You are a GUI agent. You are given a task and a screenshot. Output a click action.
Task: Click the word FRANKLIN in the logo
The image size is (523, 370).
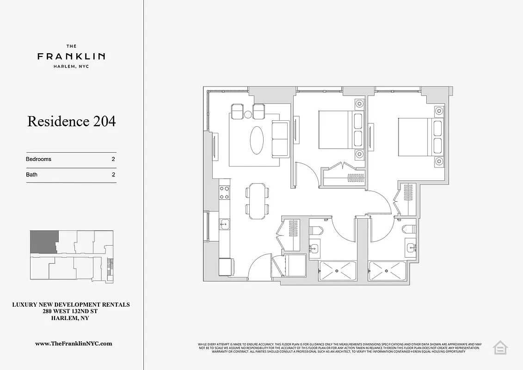[x=71, y=56]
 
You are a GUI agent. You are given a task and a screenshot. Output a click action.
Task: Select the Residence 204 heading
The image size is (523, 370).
[x=71, y=121]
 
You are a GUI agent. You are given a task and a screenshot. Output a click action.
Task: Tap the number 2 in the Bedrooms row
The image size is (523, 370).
[x=113, y=159]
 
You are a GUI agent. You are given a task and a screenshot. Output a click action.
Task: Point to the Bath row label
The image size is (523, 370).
[x=32, y=175]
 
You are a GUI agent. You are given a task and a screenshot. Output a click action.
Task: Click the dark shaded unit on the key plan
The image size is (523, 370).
[x=43, y=241]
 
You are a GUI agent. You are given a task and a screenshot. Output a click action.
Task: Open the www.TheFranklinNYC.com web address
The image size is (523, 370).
[x=74, y=344]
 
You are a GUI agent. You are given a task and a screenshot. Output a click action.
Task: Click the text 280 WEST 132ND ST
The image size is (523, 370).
[x=71, y=312]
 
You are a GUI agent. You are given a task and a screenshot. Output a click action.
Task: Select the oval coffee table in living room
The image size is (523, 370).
[x=258, y=140]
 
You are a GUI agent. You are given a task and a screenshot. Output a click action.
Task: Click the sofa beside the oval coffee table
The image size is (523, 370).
[x=280, y=139]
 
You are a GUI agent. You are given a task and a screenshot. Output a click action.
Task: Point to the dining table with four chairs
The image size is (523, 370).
[x=258, y=201]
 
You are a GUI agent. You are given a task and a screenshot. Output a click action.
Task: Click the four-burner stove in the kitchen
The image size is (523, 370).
[x=224, y=192]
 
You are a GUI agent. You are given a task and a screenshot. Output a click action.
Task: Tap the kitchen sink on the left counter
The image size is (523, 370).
[x=224, y=225]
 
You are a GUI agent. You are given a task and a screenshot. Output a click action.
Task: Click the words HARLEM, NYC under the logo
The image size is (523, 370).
[x=71, y=66]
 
